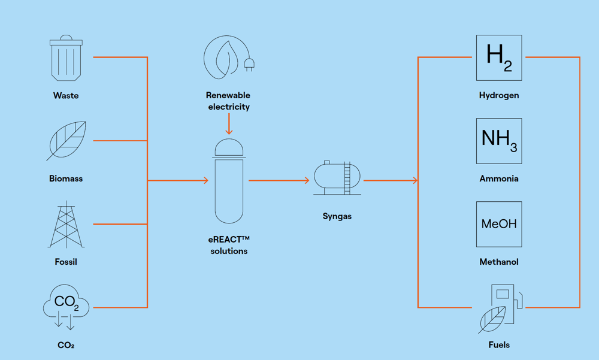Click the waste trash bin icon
[x=66, y=58]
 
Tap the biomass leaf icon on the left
[x=66, y=141]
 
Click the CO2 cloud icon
[x=66, y=305]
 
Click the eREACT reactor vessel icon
[x=229, y=181]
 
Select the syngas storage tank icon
[x=337, y=178]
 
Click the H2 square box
[x=499, y=58]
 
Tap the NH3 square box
[x=499, y=141]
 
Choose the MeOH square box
[x=499, y=224]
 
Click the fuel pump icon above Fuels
[x=500, y=308]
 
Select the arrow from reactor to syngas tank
[x=279, y=180]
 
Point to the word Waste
[x=66, y=95]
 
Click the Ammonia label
[x=499, y=179]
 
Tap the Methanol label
[x=499, y=262]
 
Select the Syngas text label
[x=337, y=216]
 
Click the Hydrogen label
[x=499, y=95]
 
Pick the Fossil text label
[x=66, y=262]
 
